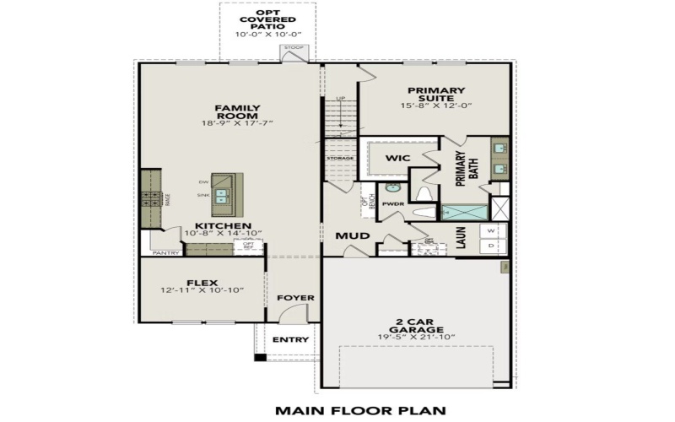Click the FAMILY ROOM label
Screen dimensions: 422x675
pyautogui.click(x=236, y=108)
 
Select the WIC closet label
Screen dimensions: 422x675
pyautogui.click(x=397, y=158)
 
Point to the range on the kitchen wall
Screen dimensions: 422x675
pyautogui.click(x=150, y=199)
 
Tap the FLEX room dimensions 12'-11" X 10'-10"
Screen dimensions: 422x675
pyautogui.click(x=202, y=290)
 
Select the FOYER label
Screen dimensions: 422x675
pyautogui.click(x=295, y=298)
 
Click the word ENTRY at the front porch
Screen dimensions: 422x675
pyautogui.click(x=290, y=339)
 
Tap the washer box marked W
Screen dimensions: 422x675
pyautogui.click(x=493, y=230)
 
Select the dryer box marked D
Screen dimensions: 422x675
pyautogui.click(x=493, y=246)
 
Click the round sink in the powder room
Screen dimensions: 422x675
pyautogui.click(x=392, y=188)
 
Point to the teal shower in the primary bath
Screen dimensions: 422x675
pyautogui.click(x=464, y=212)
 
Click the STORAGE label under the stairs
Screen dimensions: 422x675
pyautogui.click(x=340, y=158)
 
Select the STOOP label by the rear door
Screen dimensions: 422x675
pyautogui.click(x=294, y=48)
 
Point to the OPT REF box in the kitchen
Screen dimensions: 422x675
pyautogui.click(x=249, y=246)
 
